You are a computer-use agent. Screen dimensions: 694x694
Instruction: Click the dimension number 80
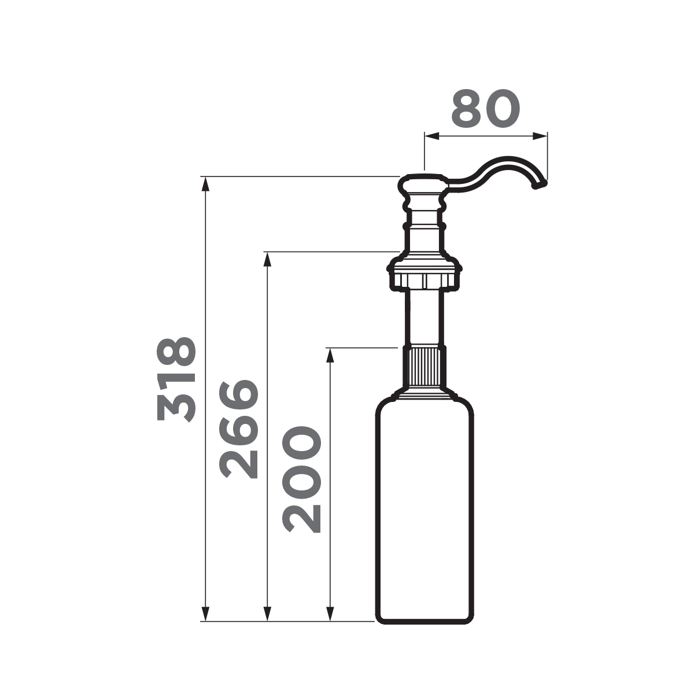click(486, 109)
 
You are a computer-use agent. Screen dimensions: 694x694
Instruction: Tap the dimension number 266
click(238, 429)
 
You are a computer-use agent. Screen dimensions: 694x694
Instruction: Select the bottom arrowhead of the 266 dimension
click(267, 615)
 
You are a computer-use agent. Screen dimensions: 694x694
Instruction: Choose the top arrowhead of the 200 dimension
click(330, 354)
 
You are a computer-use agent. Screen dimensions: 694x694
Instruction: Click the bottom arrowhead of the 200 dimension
click(330, 615)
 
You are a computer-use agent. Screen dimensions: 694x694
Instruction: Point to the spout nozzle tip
click(540, 185)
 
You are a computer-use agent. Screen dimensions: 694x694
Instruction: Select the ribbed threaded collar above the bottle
click(425, 367)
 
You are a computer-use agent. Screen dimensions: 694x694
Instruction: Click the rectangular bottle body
click(425, 509)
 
